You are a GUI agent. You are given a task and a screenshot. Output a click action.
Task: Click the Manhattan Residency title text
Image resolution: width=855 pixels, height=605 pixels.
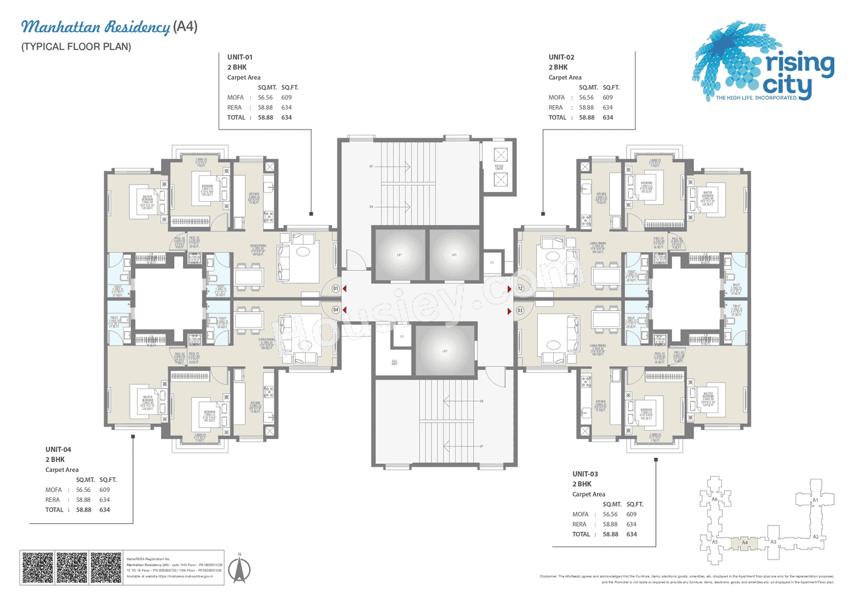[96, 27]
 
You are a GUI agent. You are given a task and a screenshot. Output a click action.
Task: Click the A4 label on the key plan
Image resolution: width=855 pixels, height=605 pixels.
[745, 543]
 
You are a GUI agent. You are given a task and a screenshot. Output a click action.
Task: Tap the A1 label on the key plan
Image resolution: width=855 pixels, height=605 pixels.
[815, 500]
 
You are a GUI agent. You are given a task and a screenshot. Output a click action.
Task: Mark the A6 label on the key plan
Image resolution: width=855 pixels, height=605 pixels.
[714, 499]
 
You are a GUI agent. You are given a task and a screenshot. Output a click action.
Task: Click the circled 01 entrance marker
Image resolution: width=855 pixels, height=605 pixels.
[335, 289]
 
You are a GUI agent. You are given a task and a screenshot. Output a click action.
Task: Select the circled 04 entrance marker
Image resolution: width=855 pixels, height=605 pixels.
[335, 310]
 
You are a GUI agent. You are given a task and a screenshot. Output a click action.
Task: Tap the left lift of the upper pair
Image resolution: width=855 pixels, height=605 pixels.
[397, 254]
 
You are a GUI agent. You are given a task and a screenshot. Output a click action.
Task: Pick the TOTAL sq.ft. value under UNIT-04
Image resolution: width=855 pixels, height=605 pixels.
[104, 509]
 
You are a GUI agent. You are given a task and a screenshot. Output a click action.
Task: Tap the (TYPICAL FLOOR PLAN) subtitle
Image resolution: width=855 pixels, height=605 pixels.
[75, 47]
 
